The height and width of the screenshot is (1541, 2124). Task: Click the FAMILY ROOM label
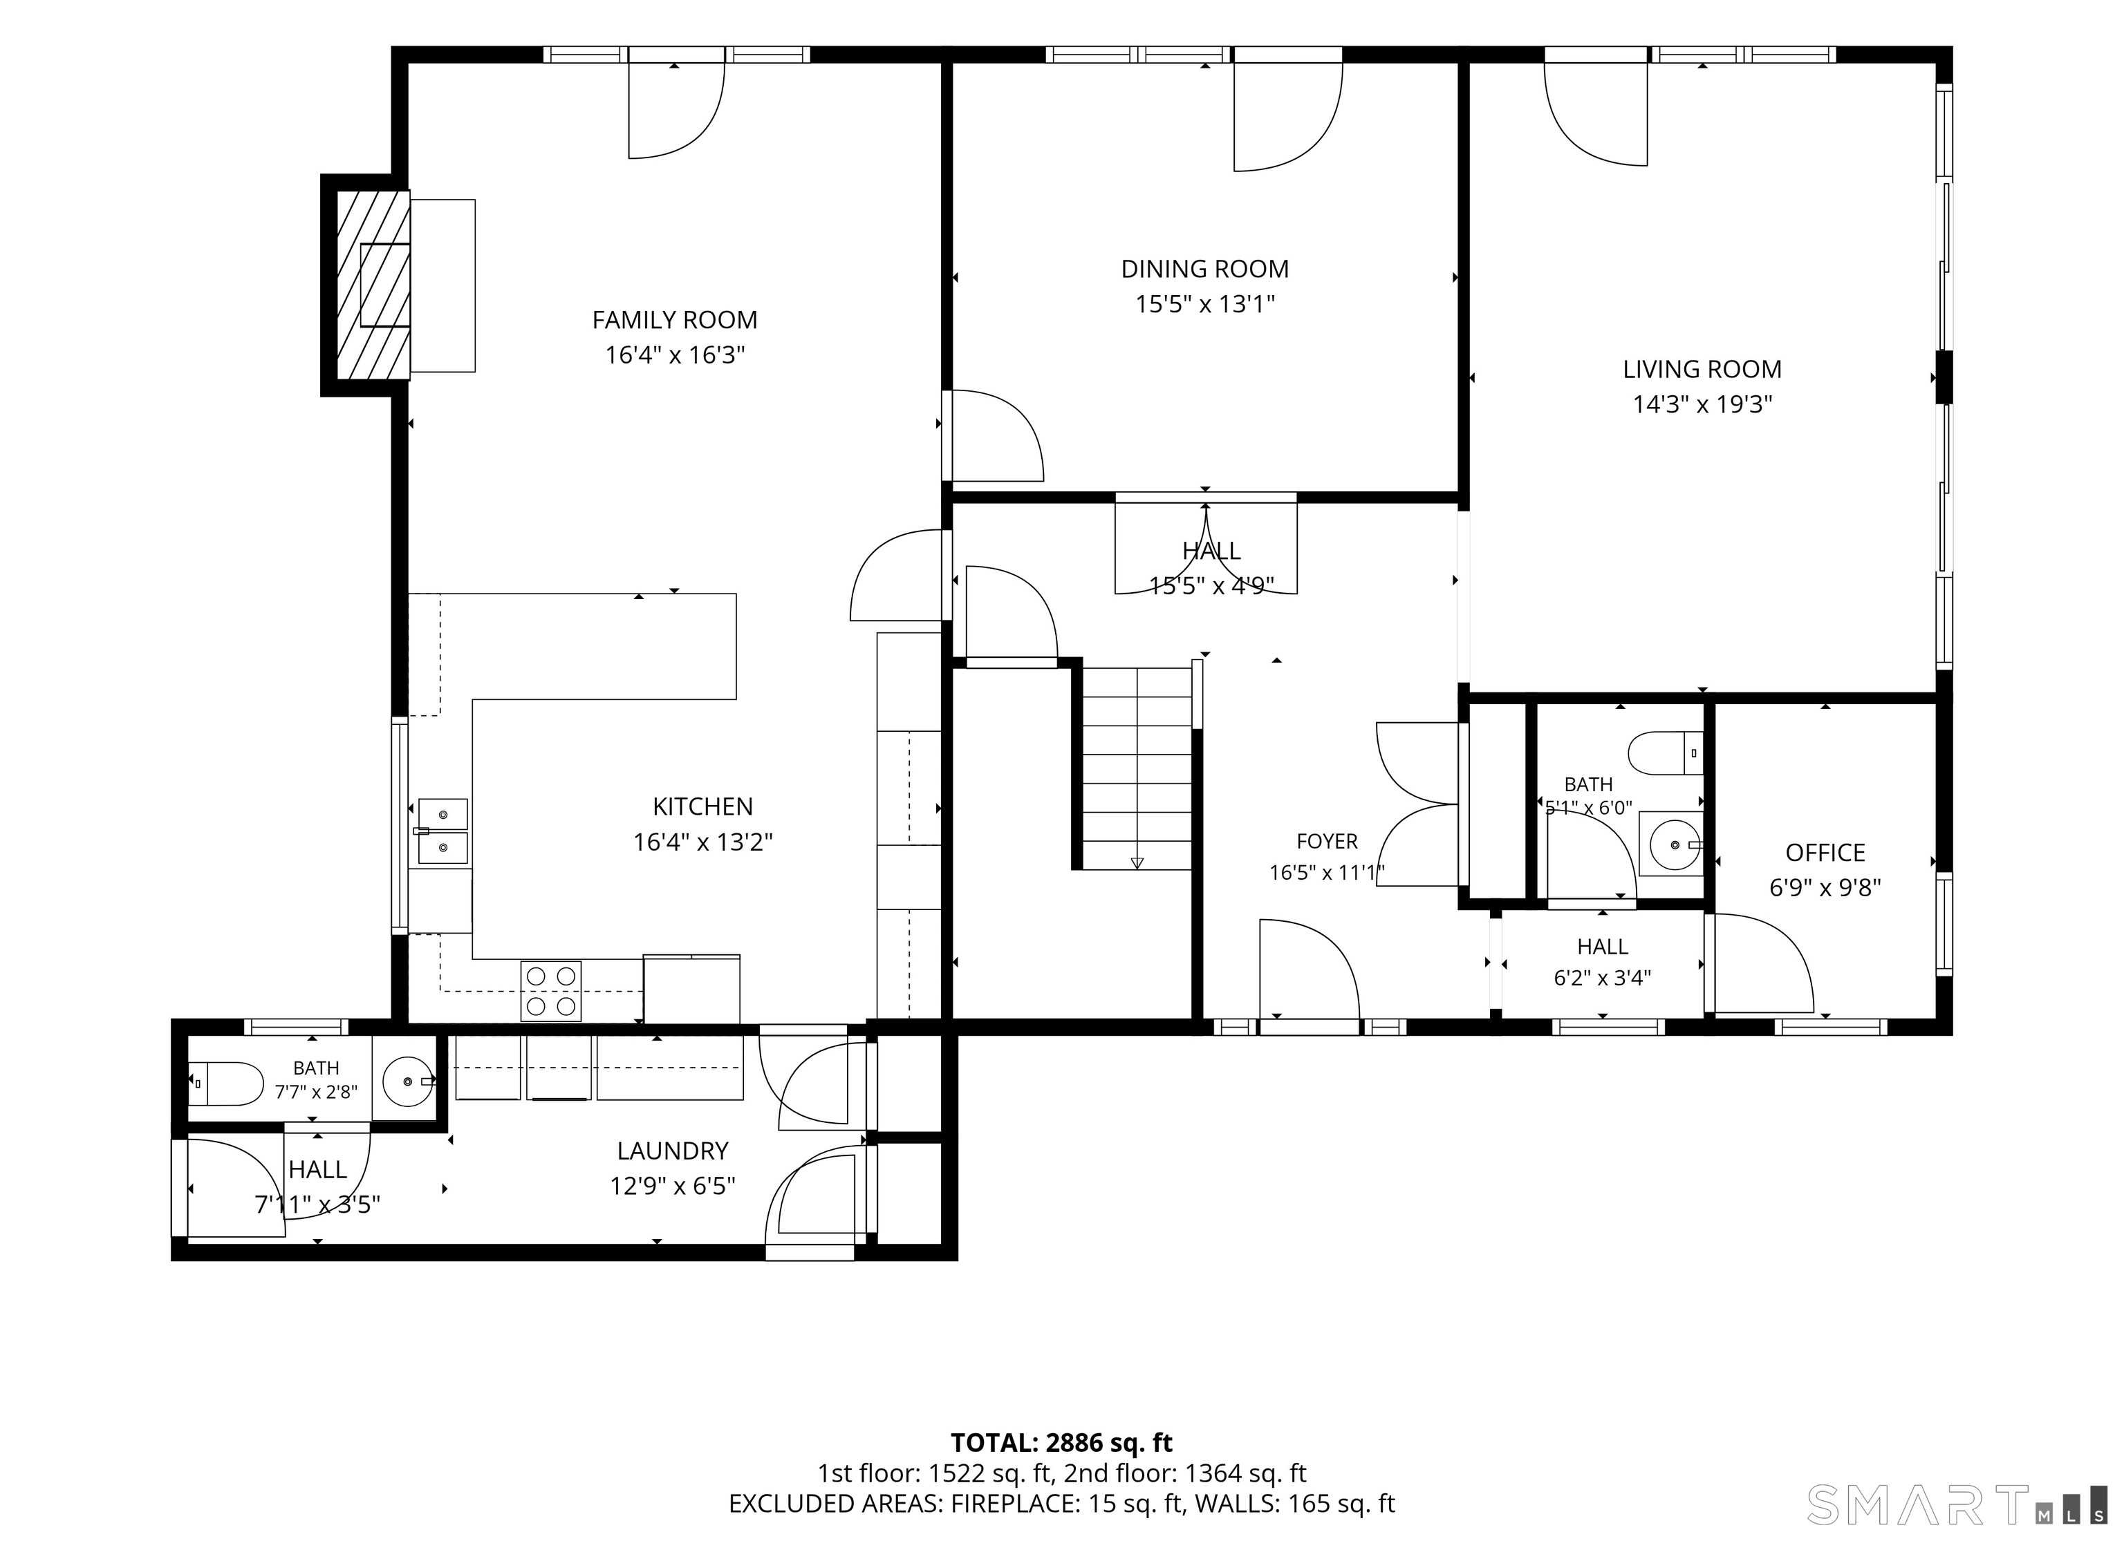coord(674,320)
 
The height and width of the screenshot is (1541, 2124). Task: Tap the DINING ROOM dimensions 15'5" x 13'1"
coord(1205,304)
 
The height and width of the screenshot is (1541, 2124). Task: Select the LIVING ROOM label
coord(1702,370)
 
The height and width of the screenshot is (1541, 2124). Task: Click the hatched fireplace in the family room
coord(373,285)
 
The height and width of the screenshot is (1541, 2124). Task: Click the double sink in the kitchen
coord(442,831)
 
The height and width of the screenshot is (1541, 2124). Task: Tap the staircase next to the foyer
coord(1137,768)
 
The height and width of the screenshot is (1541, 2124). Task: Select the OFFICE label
coord(1825,853)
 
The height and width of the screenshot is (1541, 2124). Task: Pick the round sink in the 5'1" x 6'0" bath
coord(1673,844)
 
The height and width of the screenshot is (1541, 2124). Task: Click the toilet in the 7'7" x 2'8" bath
coord(227,1084)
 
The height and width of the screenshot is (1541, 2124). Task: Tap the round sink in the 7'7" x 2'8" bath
coord(407,1081)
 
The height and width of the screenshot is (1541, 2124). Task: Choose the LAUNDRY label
coord(673,1151)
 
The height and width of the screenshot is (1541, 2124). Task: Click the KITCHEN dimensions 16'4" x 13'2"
coord(702,842)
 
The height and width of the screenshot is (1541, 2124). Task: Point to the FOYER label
coord(1327,842)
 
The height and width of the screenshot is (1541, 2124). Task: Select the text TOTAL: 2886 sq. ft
coord(1061,1443)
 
